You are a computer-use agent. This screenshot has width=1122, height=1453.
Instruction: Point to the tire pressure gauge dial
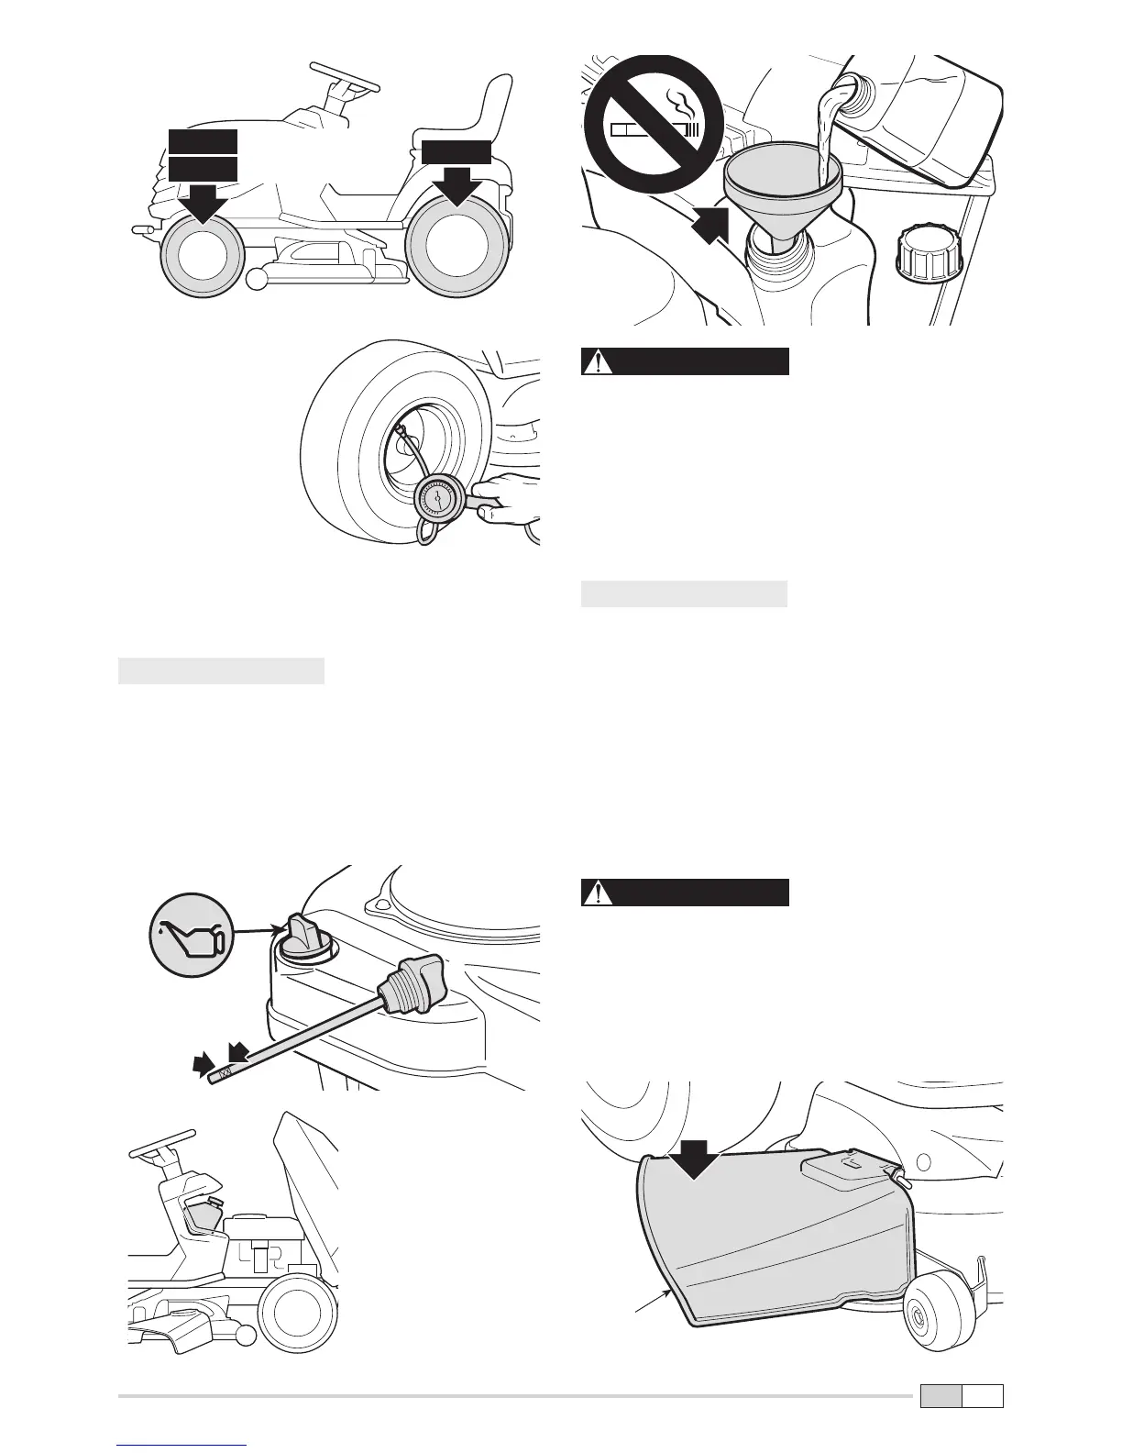click(x=442, y=501)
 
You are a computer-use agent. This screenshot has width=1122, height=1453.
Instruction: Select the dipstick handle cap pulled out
click(x=418, y=982)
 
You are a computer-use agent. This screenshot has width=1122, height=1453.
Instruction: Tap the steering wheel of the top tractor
click(x=346, y=76)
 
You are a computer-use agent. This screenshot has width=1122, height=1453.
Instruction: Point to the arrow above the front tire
click(x=203, y=200)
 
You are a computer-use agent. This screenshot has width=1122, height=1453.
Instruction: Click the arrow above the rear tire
click(x=455, y=185)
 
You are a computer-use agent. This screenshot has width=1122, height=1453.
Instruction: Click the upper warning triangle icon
click(x=599, y=361)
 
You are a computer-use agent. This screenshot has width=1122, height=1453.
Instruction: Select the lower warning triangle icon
click(x=599, y=893)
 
